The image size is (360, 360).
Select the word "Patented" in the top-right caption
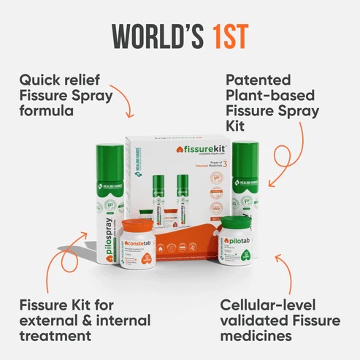point(258,79)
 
